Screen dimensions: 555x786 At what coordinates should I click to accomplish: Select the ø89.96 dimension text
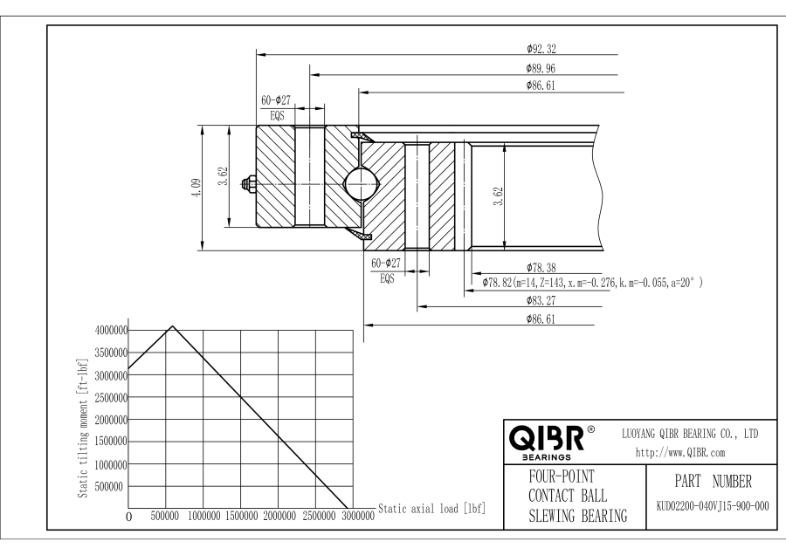(541, 66)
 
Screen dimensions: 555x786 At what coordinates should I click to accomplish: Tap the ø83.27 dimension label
(541, 300)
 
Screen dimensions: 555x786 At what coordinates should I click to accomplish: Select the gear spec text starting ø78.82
(593, 283)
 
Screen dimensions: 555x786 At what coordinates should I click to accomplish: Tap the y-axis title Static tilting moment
(83, 428)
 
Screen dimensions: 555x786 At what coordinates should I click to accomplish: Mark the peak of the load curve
(173, 326)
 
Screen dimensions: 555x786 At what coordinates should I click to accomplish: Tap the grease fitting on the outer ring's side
(251, 184)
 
